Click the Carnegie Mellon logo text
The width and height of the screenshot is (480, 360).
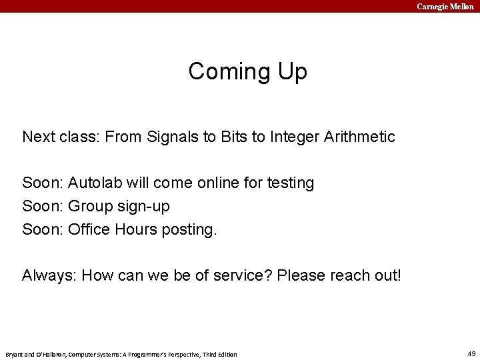(445, 6)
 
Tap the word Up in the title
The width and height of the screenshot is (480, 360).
(292, 71)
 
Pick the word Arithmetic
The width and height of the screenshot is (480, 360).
(359, 137)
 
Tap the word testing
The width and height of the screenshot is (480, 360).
(289, 183)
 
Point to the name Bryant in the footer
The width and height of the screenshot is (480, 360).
(15, 354)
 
